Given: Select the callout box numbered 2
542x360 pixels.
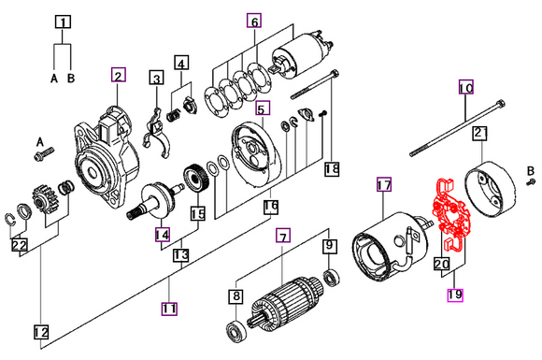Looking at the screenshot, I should click(117, 75).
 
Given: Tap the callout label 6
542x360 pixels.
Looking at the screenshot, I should click(254, 19).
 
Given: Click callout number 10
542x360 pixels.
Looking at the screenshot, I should click(465, 89).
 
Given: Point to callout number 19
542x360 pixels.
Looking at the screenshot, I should click(454, 295).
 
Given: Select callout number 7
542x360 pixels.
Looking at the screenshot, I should click(281, 238).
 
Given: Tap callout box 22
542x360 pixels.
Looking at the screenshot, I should click(20, 246).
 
